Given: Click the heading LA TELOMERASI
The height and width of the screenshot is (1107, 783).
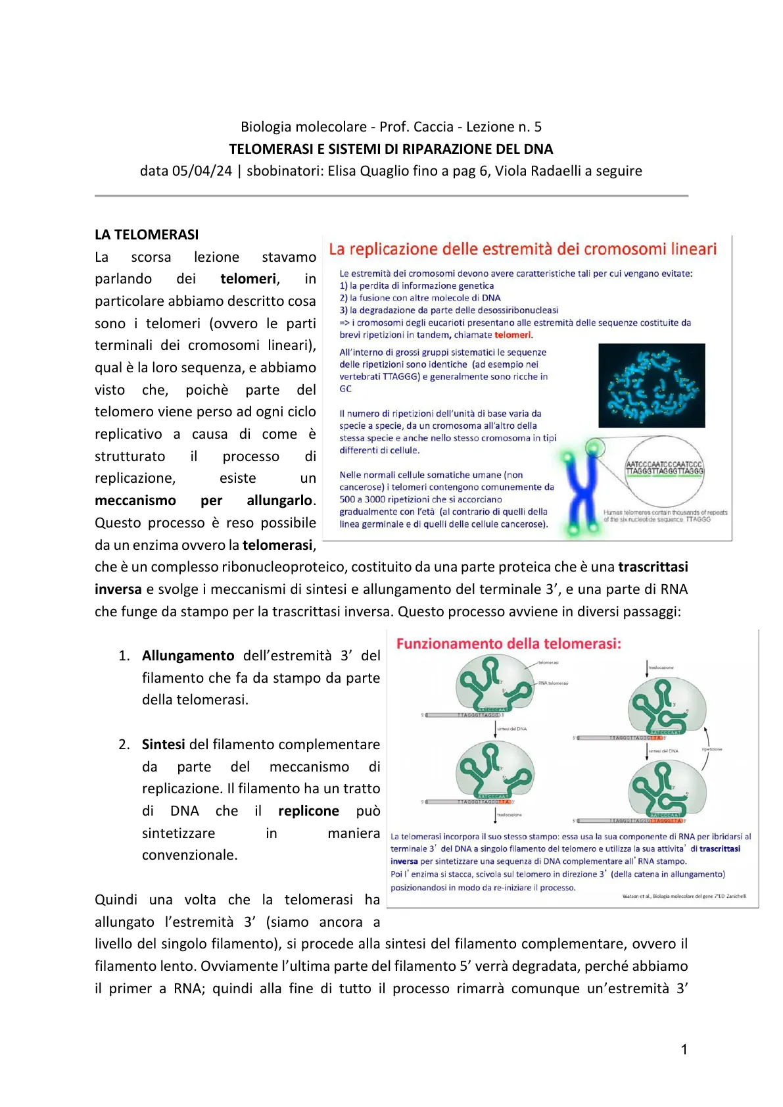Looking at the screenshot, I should click(x=147, y=235).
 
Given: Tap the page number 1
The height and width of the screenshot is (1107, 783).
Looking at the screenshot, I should click(x=684, y=1050).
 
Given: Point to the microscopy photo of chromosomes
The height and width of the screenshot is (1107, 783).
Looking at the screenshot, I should click(x=651, y=385).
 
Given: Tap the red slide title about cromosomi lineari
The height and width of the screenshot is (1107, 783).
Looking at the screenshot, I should click(x=523, y=249).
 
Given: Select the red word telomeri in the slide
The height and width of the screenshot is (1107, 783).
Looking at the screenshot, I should click(x=513, y=335).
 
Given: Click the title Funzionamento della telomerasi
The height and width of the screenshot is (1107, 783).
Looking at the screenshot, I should click(x=508, y=644).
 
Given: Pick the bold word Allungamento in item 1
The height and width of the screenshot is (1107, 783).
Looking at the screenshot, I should click(x=188, y=656).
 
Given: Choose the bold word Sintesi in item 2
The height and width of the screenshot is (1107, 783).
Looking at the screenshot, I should click(x=163, y=745).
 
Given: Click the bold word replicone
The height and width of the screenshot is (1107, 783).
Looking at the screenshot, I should click(x=308, y=811).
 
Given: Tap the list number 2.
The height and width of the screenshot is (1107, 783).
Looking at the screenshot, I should click(x=124, y=745).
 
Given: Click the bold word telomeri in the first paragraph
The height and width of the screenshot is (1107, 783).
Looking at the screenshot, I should click(x=248, y=279).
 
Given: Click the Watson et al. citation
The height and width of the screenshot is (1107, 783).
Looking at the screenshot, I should click(x=684, y=896).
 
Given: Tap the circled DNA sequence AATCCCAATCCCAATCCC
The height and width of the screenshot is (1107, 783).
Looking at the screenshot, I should click(x=664, y=464).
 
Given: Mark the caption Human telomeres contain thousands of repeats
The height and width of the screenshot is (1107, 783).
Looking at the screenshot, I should click(x=665, y=512).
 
